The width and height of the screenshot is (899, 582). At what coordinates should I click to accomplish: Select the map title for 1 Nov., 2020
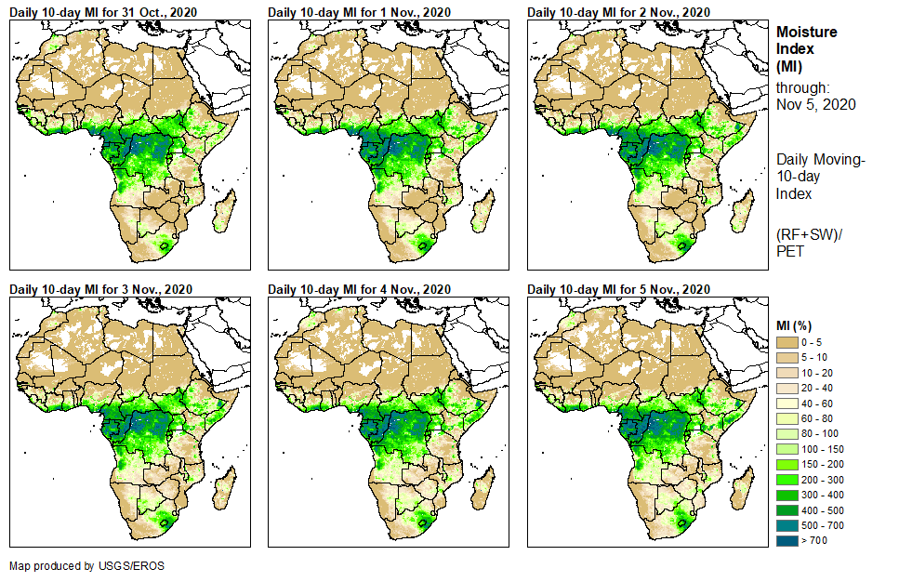(358, 11)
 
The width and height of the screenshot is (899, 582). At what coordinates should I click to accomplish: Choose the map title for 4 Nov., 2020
(359, 289)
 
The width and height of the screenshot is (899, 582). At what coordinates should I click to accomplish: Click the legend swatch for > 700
(787, 540)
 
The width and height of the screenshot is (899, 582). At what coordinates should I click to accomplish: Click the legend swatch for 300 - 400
(787, 495)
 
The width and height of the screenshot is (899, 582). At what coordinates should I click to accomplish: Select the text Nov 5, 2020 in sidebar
(816, 104)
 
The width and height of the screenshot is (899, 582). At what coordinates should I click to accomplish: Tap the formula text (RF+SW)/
(809, 234)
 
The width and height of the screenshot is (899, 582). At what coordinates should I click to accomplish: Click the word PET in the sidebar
(789, 251)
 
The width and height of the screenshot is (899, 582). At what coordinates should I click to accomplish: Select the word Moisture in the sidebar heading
(806, 32)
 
